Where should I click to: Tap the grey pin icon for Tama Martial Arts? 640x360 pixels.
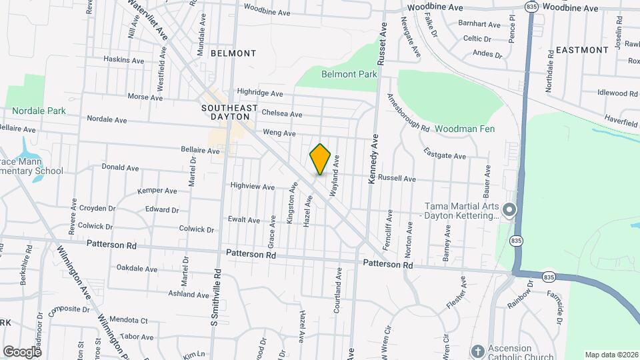tap(509, 211)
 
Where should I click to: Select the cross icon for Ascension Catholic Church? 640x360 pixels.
tap(477, 351)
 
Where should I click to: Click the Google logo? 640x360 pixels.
tap(22, 351)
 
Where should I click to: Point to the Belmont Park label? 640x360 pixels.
tap(349, 75)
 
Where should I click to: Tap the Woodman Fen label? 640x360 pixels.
tap(465, 129)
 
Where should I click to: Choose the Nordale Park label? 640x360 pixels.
tap(39, 111)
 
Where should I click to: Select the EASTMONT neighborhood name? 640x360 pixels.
tap(582, 50)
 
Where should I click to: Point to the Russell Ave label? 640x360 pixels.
tap(397, 179)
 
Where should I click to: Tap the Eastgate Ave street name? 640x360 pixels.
tap(445, 155)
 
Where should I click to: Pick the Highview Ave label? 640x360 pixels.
tap(252, 187)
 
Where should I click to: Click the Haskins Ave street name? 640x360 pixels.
tap(124, 59)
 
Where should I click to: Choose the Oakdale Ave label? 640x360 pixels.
tap(137, 269)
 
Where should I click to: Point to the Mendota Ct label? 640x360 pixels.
tap(129, 321)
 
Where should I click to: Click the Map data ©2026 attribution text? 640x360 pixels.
tap(611, 355)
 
